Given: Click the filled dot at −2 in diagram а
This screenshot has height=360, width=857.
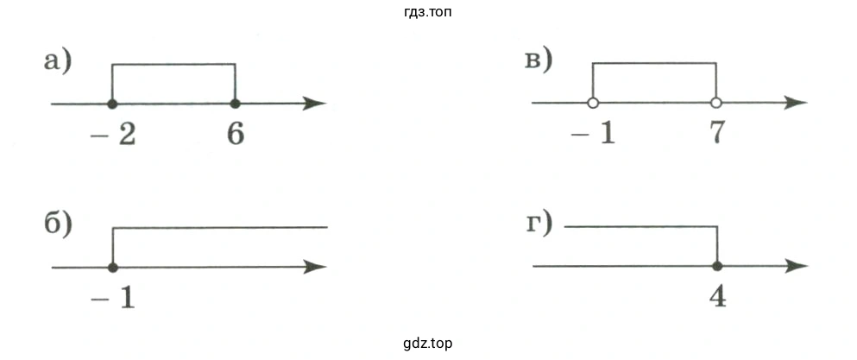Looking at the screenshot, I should tap(112, 104).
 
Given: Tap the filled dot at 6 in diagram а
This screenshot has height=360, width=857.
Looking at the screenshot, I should tap(235, 104).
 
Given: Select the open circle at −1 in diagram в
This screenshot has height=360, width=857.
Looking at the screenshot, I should tap(592, 104).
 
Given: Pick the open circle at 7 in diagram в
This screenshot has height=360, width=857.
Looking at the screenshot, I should tap(715, 104).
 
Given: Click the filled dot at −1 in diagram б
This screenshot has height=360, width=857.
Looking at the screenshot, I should tap(112, 267).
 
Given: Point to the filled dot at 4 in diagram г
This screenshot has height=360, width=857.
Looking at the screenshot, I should tap(716, 266).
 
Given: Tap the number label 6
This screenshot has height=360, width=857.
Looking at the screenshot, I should tap(235, 136).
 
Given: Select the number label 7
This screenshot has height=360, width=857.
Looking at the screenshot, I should tap(715, 135).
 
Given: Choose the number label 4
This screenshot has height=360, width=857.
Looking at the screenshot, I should tap(716, 297).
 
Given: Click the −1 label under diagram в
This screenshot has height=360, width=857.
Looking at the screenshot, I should tap(595, 135).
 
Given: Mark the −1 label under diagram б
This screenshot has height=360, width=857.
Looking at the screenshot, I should tap(115, 298).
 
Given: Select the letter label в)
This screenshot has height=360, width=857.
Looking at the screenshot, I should tap(539, 60).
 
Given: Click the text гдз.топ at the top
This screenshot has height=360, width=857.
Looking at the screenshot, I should tap(428, 12).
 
